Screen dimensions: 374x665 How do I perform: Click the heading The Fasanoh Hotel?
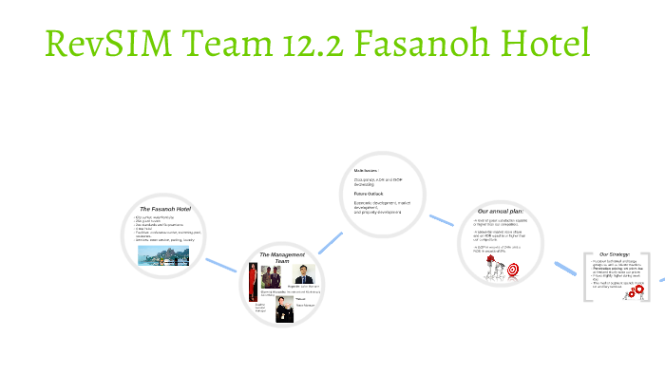point(166,208)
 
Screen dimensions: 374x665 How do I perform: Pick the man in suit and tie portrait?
point(304,275)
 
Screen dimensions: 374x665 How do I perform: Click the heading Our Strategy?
point(615,254)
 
